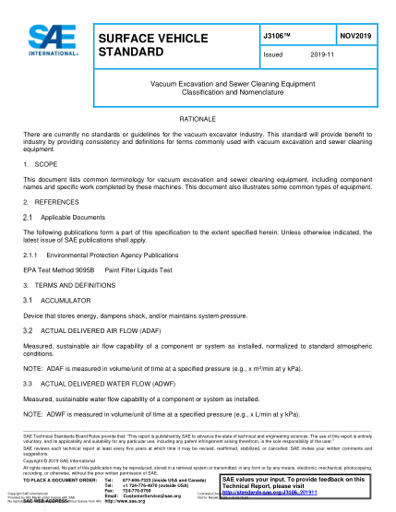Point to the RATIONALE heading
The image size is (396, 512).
pyautogui.click(x=197, y=120)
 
